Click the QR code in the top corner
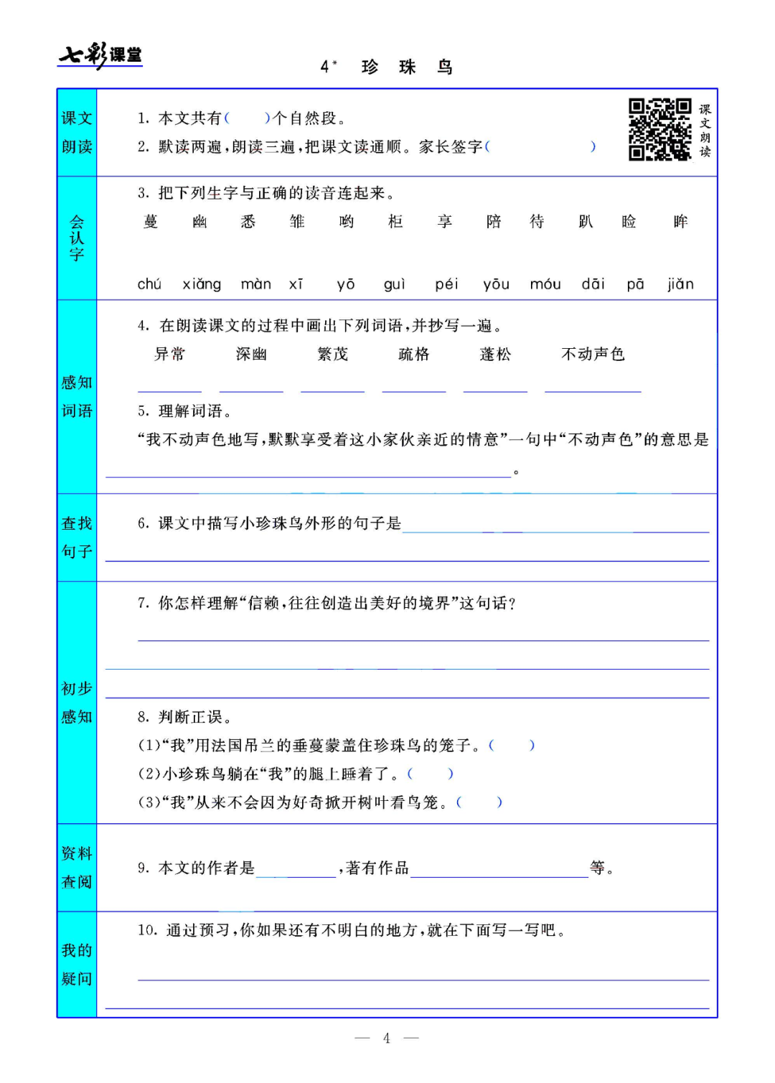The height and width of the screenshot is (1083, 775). point(659,130)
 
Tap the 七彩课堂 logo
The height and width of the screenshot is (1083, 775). point(100,55)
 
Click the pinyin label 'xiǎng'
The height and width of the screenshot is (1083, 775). point(202,284)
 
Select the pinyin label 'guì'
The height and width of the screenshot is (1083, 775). point(395,284)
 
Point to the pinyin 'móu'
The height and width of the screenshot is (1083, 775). point(545,284)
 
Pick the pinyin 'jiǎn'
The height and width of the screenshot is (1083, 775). point(680,284)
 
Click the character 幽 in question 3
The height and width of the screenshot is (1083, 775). point(200,222)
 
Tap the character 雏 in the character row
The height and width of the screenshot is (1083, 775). point(297,222)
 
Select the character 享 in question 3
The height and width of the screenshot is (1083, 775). point(445,222)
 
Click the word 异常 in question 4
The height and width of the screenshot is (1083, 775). point(170,354)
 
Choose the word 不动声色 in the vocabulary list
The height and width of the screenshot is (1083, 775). point(593,354)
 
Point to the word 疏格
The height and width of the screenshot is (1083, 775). point(414,354)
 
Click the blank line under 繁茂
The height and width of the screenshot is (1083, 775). point(332,388)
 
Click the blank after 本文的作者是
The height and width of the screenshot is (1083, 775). point(296,871)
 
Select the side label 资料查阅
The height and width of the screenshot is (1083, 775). point(77,868)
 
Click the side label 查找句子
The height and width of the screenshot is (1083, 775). point(77,538)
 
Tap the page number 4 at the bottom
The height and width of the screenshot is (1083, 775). point(387,1038)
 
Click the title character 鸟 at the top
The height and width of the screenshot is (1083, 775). point(445,67)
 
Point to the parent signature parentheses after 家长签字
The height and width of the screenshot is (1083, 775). point(540,147)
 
